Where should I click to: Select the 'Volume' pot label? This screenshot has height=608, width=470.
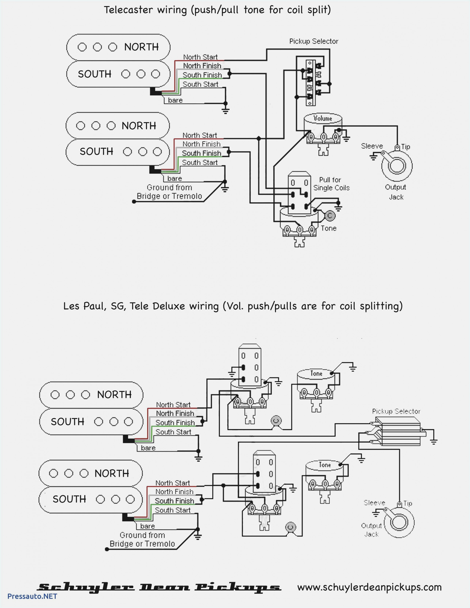tap(323, 119)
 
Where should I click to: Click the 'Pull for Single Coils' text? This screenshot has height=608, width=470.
tap(331, 184)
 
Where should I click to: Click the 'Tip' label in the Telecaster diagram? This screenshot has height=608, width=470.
tap(406, 147)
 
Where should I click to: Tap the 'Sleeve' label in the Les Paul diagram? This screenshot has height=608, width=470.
tap(374, 503)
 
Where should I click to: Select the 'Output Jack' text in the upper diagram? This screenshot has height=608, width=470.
tap(396, 192)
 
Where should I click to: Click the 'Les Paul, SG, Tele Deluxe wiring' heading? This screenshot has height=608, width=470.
tap(233, 306)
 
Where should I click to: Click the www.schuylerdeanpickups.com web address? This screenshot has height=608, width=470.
tap(369, 587)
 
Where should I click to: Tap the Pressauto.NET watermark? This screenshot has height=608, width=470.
tap(32, 596)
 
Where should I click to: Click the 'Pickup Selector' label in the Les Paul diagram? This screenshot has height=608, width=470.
tap(396, 411)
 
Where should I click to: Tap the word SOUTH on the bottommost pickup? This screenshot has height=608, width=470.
tap(69, 499)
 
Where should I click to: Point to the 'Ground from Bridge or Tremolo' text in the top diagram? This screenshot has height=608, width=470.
tap(169, 192)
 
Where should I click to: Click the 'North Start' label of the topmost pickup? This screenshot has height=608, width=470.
tap(200, 57)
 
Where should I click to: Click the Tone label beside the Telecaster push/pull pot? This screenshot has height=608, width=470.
tap(328, 228)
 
